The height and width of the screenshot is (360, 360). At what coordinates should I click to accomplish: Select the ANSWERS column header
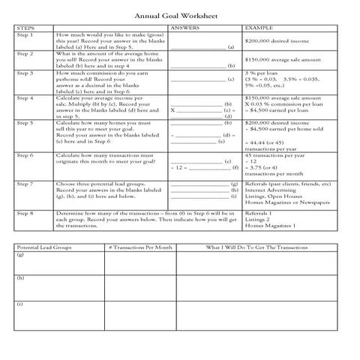(185, 28)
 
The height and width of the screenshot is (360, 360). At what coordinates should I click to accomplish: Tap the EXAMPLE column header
(259, 28)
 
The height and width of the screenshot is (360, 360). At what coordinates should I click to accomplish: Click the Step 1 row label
(25, 34)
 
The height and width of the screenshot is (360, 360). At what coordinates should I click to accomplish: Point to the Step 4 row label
(25, 97)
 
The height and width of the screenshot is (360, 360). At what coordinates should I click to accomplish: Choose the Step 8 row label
(25, 213)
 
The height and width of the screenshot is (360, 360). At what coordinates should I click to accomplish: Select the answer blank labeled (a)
(197, 47)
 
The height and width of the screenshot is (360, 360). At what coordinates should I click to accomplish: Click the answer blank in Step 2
(197, 66)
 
